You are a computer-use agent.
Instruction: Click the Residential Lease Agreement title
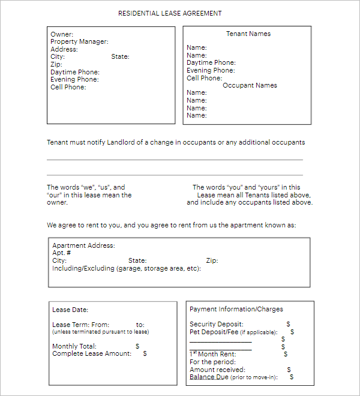tap(170, 13)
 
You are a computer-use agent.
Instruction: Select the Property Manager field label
tap(79, 42)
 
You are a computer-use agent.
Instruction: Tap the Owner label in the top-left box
tap(62, 34)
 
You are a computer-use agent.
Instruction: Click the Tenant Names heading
tap(248, 34)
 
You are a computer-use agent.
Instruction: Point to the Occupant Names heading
tap(250, 86)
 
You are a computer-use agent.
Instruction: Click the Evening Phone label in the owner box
tap(74, 80)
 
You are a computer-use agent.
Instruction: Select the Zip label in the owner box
tap(56, 65)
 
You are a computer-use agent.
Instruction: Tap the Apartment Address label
tap(83, 246)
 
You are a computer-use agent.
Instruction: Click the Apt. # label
tap(62, 253)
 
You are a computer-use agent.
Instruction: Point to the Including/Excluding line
tap(126, 268)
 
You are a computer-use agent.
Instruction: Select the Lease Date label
tap(70, 310)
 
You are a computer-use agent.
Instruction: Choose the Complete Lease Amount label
tap(91, 354)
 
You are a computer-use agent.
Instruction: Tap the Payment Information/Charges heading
tap(236, 310)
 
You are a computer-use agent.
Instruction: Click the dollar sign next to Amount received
tap(289, 370)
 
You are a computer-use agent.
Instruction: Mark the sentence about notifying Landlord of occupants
tap(176, 143)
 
